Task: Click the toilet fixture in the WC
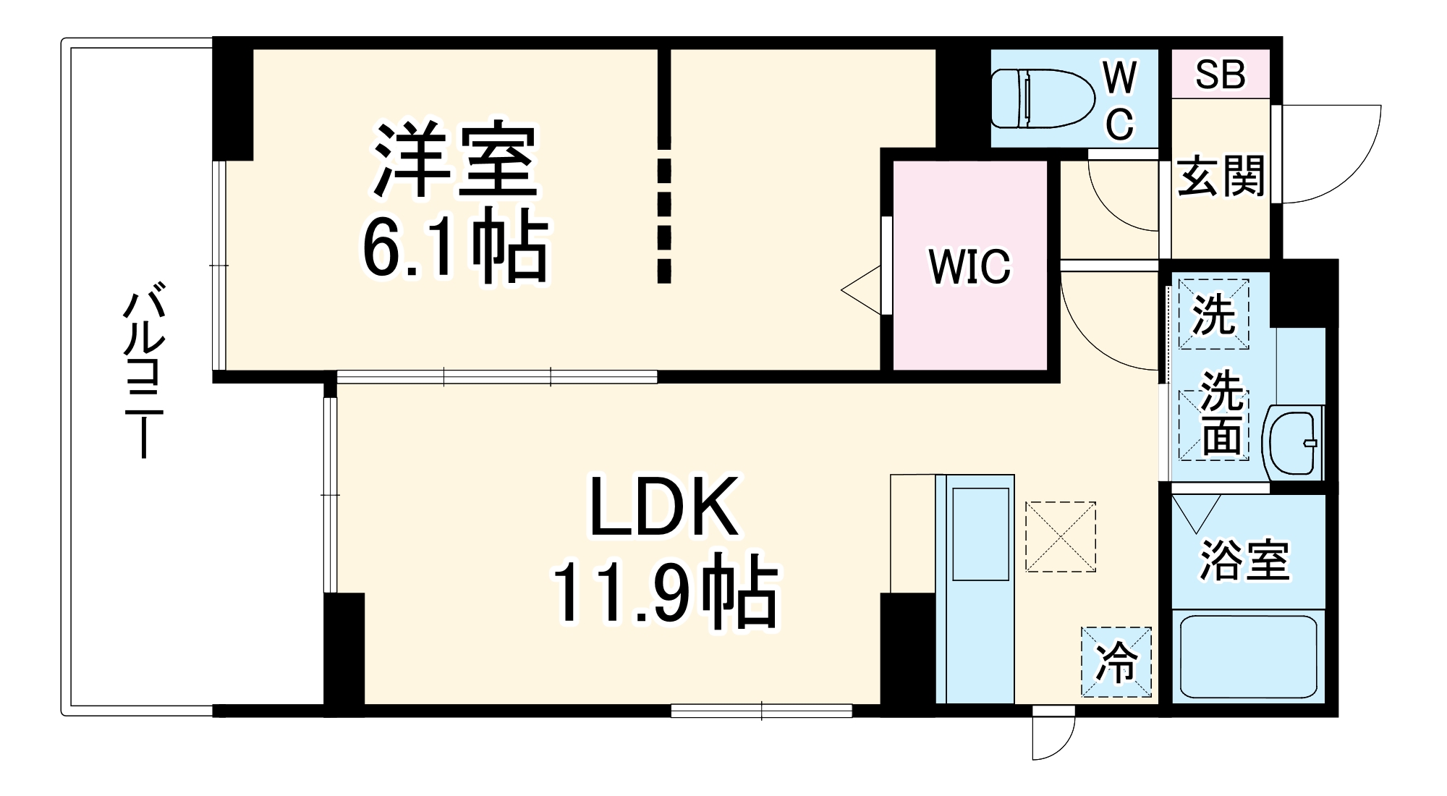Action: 1042,98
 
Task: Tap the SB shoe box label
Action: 1221,74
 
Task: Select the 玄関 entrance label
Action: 1221,176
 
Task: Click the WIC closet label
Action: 969,266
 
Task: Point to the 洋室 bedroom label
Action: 455,161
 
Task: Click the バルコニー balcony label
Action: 143,373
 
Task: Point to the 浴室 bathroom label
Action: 1244,560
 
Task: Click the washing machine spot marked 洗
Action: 1213,314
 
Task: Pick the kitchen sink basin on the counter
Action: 980,533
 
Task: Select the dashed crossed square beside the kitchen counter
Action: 1060,536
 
